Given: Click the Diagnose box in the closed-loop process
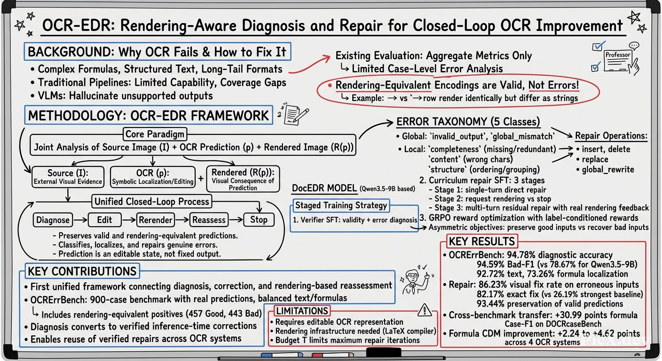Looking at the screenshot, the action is pyautogui.click(x=53, y=220).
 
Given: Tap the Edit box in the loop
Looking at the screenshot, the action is pyautogui.click(x=105, y=220).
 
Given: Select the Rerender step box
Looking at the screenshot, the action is pyautogui.click(x=156, y=220).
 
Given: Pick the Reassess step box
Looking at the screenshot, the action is pyautogui.click(x=209, y=220).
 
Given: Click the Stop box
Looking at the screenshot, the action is pyautogui.click(x=259, y=220).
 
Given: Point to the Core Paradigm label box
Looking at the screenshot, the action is pyautogui.click(x=155, y=134).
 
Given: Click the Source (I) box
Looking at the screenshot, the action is pyautogui.click(x=68, y=177).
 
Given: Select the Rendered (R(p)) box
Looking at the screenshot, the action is pyautogui.click(x=243, y=179).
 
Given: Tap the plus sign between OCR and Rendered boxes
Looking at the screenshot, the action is pyautogui.click(x=201, y=179).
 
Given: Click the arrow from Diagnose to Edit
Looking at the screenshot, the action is pyautogui.click(x=80, y=220).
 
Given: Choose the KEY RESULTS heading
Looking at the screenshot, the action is pyautogui.click(x=482, y=241).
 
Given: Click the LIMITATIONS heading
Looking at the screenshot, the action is pyautogui.click(x=302, y=311).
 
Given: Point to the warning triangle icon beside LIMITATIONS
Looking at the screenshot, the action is pyautogui.click(x=425, y=310).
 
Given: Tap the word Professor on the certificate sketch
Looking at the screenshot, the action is pyautogui.click(x=618, y=55).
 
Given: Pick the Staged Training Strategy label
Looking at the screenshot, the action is pyautogui.click(x=341, y=205).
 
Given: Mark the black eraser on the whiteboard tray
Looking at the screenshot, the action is pyautogui.click(x=384, y=353).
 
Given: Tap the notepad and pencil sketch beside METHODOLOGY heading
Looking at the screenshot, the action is pyautogui.click(x=293, y=113).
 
